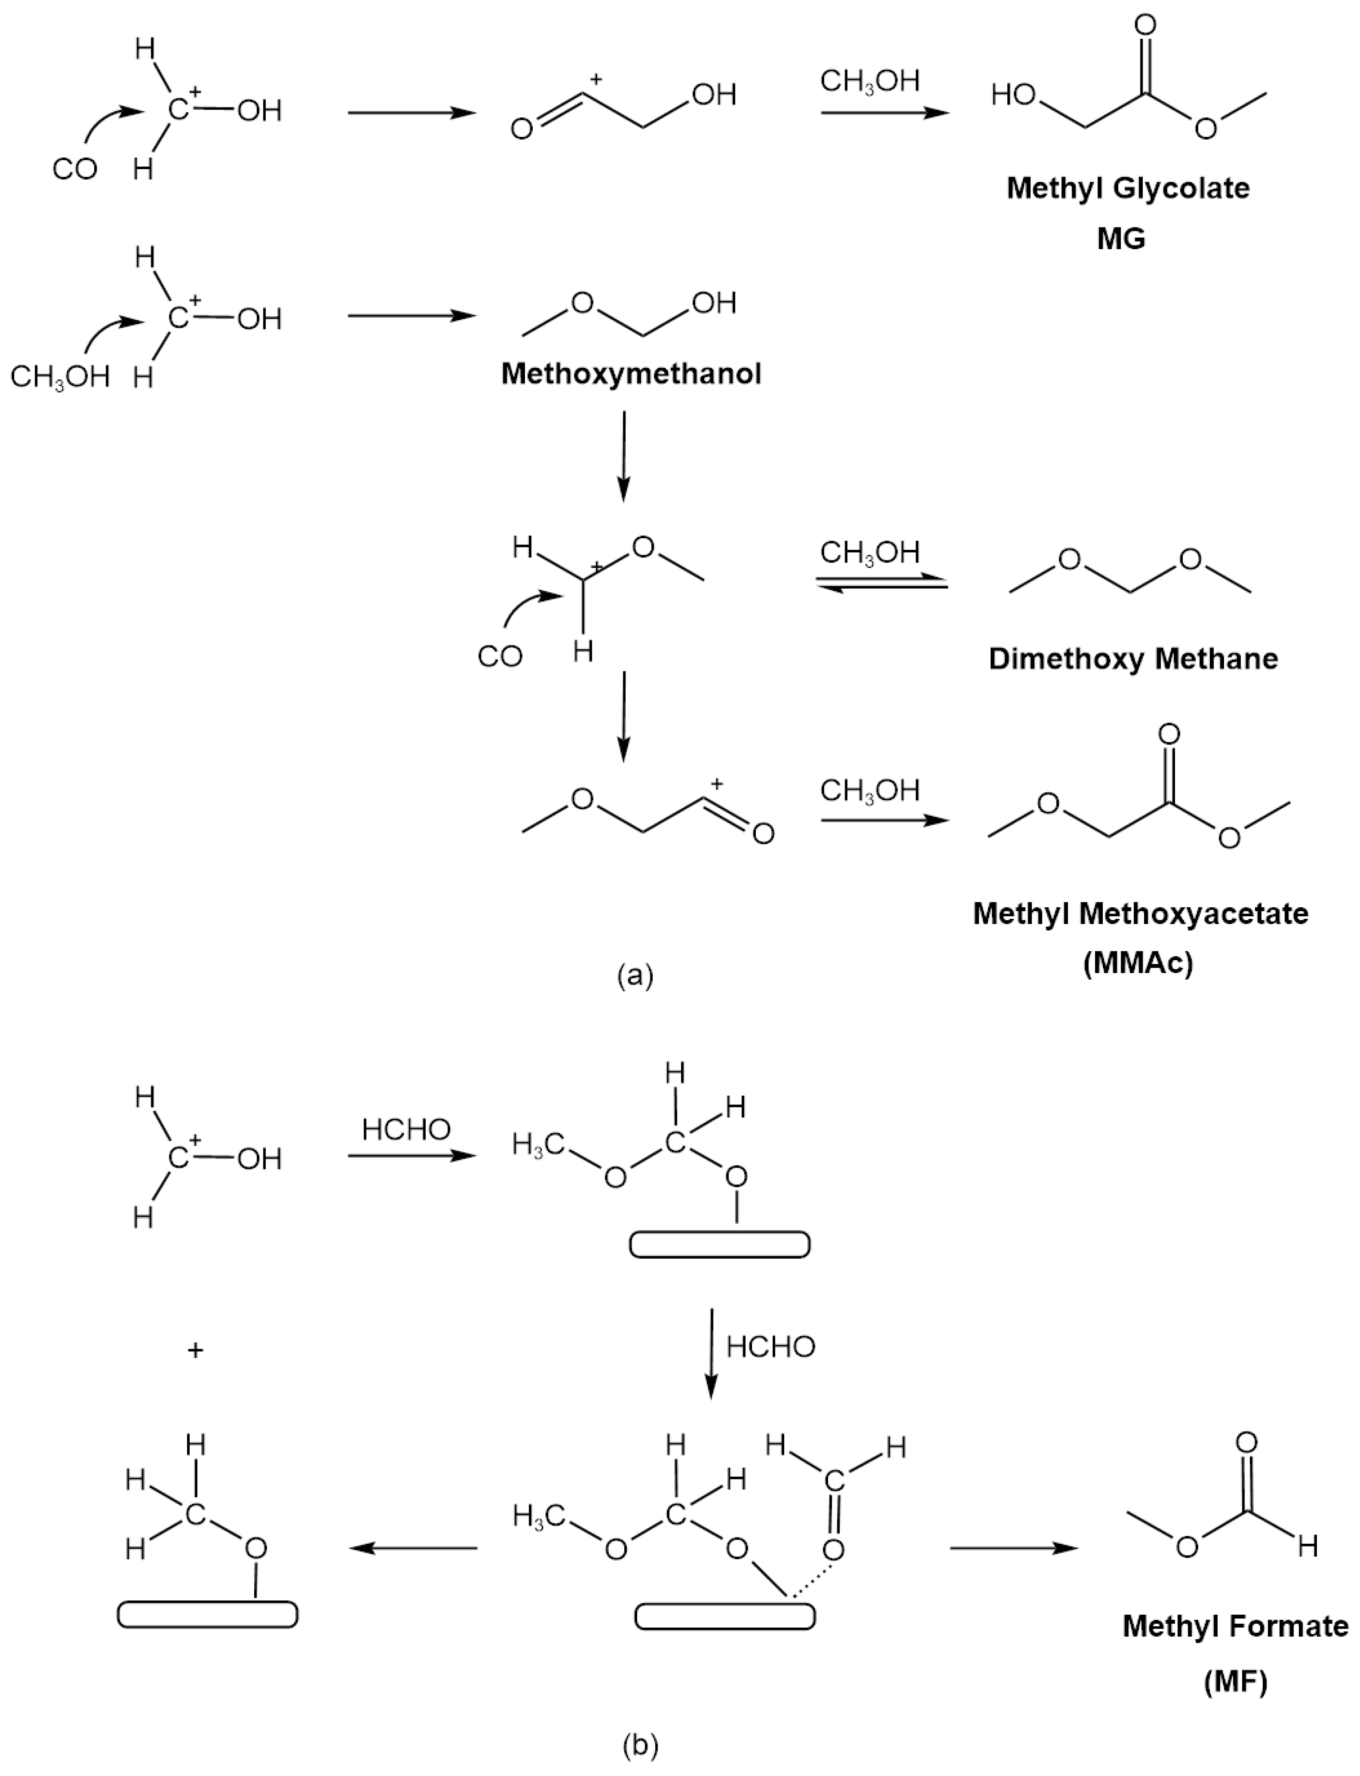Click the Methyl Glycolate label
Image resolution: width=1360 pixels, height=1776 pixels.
1128,188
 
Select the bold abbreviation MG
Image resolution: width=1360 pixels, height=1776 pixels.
1121,239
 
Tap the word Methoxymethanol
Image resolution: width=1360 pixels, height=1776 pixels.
631,374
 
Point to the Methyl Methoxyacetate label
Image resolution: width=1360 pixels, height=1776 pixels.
1140,914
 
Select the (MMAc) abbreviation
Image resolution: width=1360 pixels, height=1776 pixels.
1138,965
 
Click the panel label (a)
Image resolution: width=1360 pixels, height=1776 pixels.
634,976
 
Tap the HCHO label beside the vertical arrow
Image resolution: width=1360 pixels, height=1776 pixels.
771,1347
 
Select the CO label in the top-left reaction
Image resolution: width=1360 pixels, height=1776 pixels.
75,170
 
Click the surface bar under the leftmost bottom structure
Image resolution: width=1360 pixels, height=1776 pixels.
207,1614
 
